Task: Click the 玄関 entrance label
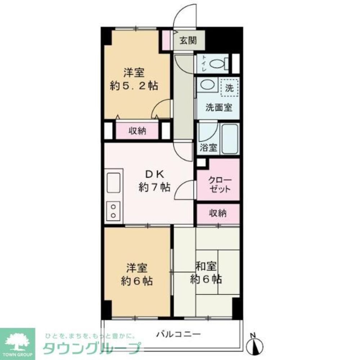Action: pos(188,41)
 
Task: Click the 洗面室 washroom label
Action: pos(219,107)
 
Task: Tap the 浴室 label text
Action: pos(208,147)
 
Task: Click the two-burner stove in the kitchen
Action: pos(114,211)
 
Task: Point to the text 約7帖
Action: pos(154,188)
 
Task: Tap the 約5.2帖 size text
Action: pos(134,86)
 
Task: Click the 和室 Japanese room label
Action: pos(206,267)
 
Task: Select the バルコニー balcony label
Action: pos(178,334)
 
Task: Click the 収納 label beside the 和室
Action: pos(218,213)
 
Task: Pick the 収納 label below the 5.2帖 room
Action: pos(137,131)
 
